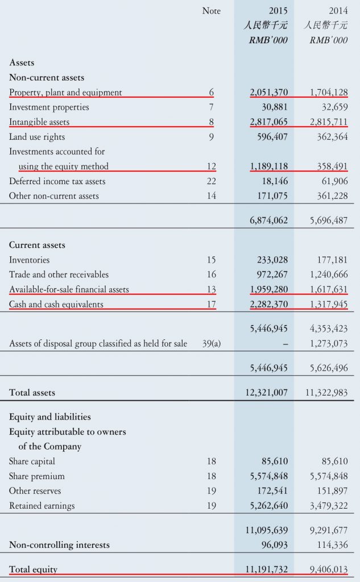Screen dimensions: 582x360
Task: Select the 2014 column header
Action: (x=338, y=11)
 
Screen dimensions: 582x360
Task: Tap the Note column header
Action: (x=211, y=11)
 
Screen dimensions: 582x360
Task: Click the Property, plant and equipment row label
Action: (x=65, y=92)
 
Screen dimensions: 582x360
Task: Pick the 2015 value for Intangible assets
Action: (x=268, y=122)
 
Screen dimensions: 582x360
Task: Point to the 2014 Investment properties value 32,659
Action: (x=333, y=107)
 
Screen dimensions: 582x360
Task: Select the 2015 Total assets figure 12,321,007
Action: (x=266, y=392)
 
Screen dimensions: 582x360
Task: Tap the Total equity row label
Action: (x=33, y=569)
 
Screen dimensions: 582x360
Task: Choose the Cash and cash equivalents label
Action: (x=56, y=304)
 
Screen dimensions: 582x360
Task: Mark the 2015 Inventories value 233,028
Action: (x=272, y=260)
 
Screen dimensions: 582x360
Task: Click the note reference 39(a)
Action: (x=212, y=343)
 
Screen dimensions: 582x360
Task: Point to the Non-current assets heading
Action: (x=47, y=77)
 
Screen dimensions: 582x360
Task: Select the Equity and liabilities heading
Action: (x=50, y=417)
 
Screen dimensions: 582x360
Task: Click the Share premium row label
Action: (x=37, y=476)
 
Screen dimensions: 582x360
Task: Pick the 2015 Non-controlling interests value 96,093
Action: (x=275, y=544)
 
